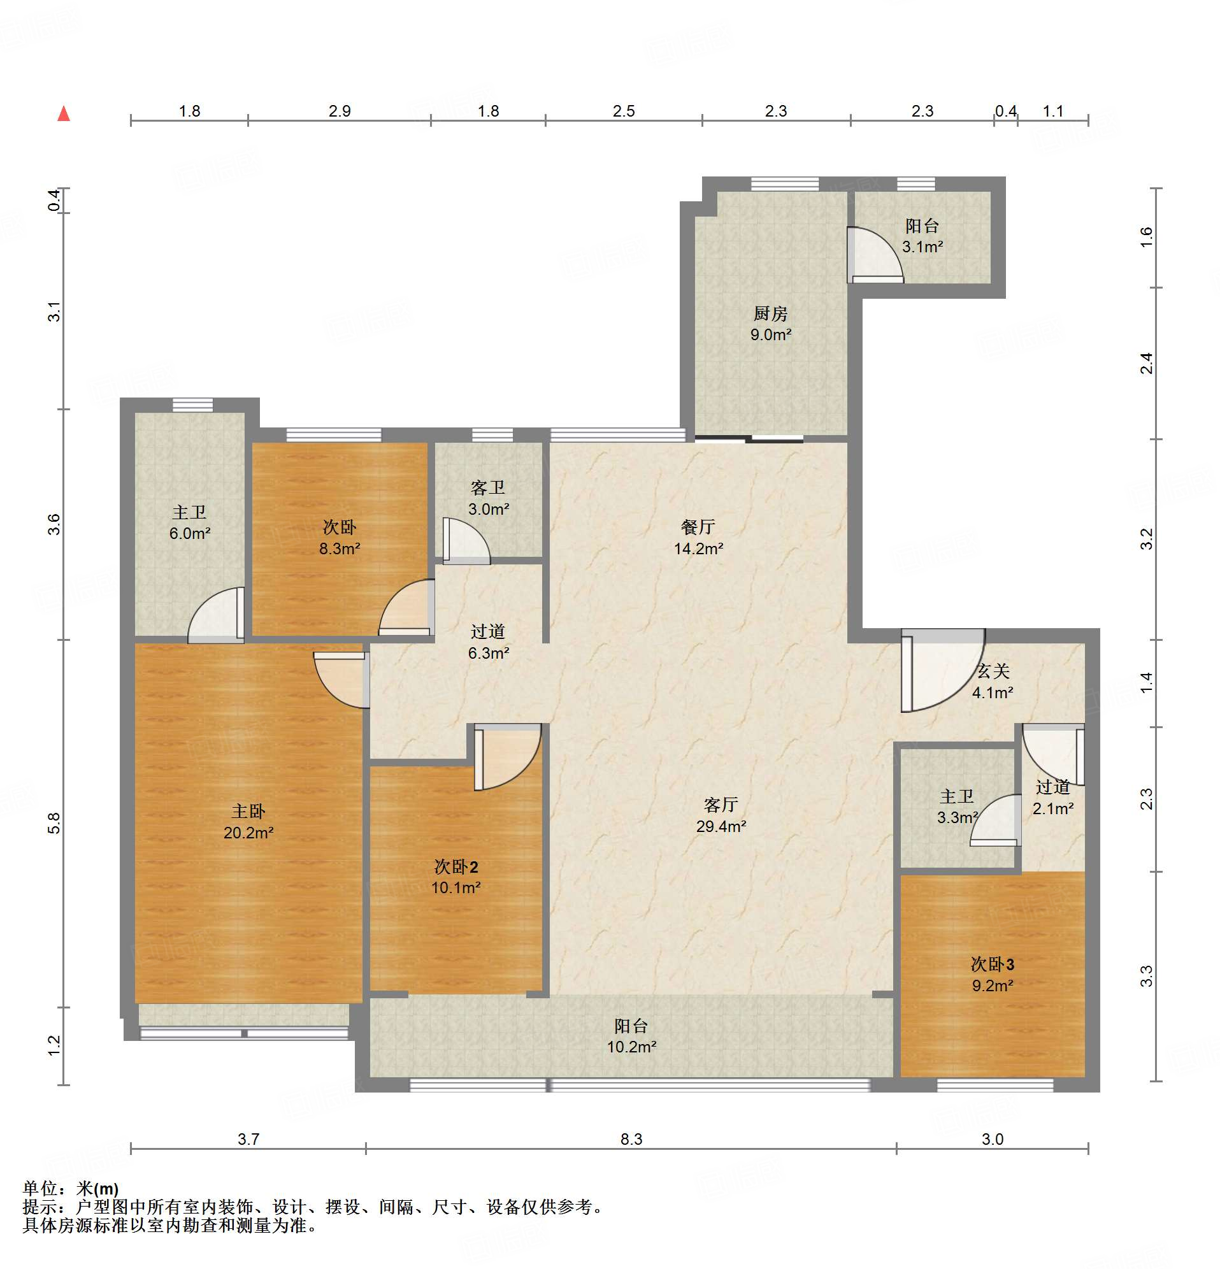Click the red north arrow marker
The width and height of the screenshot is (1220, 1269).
64,114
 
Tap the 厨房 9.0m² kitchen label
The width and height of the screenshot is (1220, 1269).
771,324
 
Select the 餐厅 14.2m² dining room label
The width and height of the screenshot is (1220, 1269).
698,538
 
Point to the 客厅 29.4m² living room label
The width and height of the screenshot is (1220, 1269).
721,815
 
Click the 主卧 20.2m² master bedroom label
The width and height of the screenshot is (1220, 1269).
248,822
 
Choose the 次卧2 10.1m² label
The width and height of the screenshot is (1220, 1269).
456,877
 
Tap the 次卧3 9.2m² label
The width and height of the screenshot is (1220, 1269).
992,975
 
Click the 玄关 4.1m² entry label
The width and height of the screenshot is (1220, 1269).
992,682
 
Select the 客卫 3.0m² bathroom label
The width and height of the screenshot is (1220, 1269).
488,498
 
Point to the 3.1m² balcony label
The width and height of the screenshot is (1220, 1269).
922,236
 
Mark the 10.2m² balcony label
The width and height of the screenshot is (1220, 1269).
631,1036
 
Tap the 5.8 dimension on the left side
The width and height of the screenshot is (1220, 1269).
54,823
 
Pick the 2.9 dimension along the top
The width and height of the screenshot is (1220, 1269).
340,111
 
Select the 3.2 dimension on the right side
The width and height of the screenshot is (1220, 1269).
1146,540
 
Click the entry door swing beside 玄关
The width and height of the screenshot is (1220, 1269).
943,670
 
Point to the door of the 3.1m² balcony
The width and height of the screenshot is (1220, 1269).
875,255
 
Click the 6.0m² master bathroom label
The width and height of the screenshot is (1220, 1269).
190,522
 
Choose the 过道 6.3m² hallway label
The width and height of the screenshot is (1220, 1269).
488,642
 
